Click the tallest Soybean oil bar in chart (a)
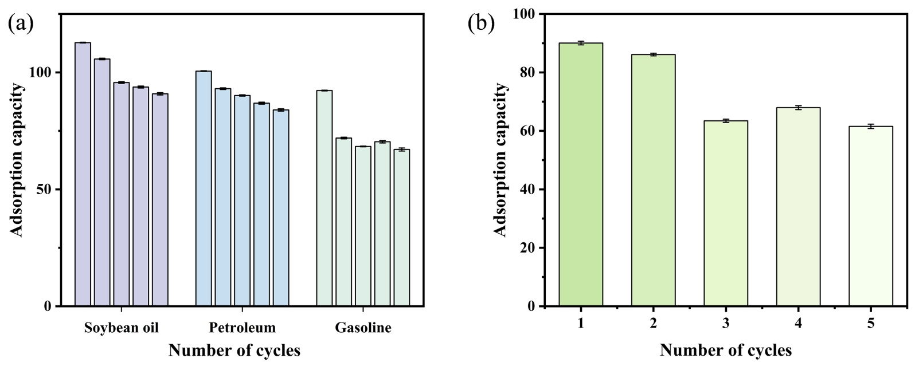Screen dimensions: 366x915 click(83, 174)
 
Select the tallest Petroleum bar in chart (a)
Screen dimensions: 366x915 click(204, 188)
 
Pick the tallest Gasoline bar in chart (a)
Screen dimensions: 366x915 click(324, 198)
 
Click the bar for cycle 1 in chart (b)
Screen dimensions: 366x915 click(581, 175)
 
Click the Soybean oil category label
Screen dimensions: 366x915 click(121, 328)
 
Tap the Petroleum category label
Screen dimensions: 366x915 click(242, 328)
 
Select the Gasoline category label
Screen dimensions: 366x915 click(363, 328)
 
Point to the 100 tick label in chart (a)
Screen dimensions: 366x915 click(43, 73)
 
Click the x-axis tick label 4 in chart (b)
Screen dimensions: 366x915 click(798, 324)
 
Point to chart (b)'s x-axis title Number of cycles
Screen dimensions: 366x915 click(726, 349)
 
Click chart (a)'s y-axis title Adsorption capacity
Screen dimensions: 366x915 click(17, 160)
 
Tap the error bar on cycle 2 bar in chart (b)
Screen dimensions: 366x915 click(653, 54)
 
